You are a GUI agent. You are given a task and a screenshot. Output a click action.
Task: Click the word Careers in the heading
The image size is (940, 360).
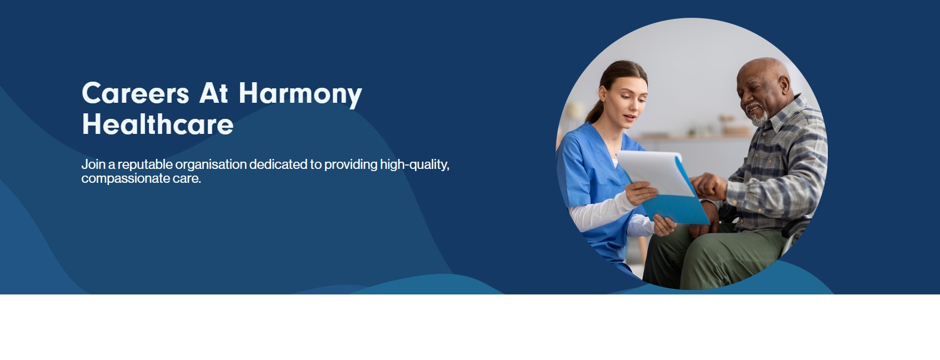[135, 93]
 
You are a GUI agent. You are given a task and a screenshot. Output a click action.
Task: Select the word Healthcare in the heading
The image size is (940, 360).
[157, 124]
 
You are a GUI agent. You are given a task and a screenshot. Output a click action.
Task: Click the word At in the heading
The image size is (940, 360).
[213, 93]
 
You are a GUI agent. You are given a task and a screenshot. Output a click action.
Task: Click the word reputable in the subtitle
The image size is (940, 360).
[145, 164]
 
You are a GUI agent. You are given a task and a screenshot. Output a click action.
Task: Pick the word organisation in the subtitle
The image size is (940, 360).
[211, 164]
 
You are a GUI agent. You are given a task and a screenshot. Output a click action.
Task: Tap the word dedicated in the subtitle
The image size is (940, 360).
[279, 164]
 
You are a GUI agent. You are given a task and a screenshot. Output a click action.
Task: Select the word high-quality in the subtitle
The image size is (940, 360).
[414, 164]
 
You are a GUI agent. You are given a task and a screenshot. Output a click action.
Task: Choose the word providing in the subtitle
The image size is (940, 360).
[351, 164]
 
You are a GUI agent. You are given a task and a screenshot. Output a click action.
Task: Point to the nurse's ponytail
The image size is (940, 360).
[596, 112]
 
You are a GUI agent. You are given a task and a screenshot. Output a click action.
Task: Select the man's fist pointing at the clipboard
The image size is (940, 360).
[709, 187]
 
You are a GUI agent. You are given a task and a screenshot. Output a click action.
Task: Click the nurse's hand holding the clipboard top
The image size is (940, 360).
[641, 193]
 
